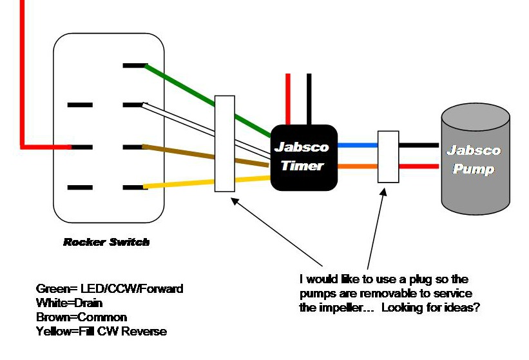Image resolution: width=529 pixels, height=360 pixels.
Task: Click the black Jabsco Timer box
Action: [x=303, y=157]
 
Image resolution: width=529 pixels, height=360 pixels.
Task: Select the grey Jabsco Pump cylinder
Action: [x=475, y=161]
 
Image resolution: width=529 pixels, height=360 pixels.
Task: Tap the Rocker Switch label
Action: [x=106, y=243]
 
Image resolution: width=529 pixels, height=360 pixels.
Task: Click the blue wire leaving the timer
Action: [x=358, y=146]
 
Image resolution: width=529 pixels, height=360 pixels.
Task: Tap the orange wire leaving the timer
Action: [x=358, y=166]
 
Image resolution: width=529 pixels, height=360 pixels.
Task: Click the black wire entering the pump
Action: [x=419, y=145]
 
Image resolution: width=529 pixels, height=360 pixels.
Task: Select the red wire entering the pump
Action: [x=419, y=166]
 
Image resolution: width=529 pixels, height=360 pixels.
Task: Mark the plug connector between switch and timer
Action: [x=224, y=143]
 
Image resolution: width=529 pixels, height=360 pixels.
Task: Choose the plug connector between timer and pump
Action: [x=388, y=157]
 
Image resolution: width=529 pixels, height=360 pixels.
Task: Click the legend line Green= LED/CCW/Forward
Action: [x=110, y=288]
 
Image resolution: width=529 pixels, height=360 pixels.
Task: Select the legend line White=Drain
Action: [x=69, y=303]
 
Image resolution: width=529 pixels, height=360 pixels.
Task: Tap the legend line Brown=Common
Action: [x=81, y=317]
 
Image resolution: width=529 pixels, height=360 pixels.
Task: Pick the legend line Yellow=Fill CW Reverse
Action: [x=101, y=331]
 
